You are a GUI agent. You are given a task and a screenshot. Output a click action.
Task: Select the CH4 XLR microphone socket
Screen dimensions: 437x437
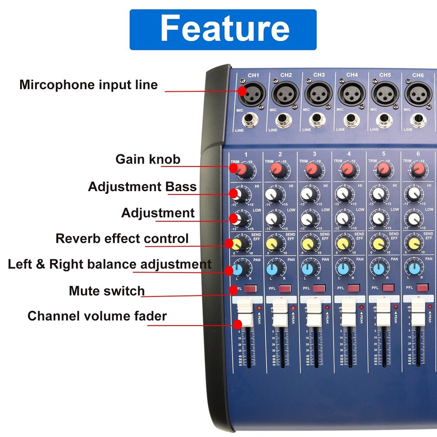351,94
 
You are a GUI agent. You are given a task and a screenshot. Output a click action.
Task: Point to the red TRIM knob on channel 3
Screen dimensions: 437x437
312,170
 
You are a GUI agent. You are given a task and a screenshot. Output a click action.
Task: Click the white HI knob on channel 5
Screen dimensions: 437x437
378,195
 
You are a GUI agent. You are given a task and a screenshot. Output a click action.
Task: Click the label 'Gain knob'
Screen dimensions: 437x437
147,159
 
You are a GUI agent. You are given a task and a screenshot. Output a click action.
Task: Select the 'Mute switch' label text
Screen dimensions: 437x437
107,291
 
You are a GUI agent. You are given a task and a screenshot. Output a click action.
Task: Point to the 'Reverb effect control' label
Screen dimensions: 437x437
122,239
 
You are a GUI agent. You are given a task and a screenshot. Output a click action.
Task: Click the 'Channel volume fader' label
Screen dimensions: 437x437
97,316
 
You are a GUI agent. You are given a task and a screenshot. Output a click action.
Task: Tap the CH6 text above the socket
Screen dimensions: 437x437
418,75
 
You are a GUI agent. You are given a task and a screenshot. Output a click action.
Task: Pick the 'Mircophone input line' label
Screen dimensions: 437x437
88,85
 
